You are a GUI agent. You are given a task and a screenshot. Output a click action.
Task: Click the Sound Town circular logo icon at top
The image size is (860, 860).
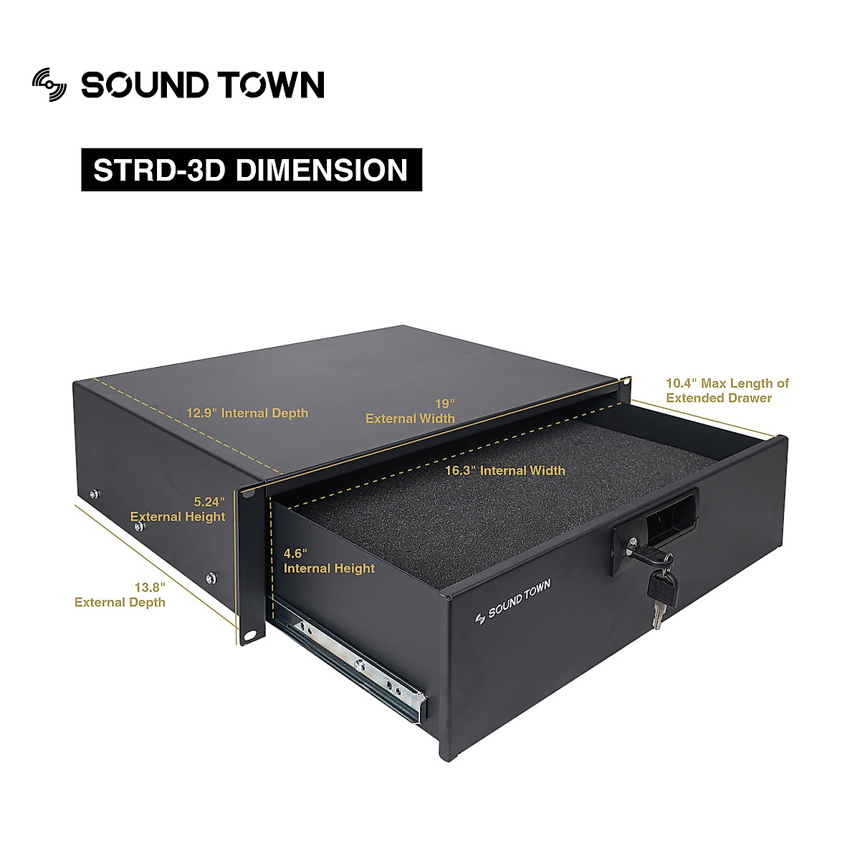tap(49, 85)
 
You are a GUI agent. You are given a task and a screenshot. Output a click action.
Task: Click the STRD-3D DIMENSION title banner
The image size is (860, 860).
tap(251, 170)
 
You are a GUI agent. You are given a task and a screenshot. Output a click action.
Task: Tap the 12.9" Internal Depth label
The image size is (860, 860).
tap(247, 414)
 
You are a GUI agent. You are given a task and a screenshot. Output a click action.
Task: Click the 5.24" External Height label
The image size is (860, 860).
tap(178, 509)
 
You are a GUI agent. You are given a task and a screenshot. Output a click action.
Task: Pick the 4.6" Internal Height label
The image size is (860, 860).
tap(329, 561)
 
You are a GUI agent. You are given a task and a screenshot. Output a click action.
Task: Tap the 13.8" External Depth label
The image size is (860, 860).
tap(120, 595)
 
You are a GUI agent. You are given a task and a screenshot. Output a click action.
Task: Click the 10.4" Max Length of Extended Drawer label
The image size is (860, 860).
tap(727, 391)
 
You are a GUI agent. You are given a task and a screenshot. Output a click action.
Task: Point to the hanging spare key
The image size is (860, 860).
tap(660, 591)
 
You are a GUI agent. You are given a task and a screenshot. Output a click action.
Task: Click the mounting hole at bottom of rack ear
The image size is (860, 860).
tap(250, 635)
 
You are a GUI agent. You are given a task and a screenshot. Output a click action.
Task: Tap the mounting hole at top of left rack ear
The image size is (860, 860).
tap(249, 493)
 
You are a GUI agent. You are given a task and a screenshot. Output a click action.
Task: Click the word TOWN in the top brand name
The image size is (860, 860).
tap(271, 85)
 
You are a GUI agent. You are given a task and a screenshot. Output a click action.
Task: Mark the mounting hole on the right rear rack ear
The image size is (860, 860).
tap(626, 382)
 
